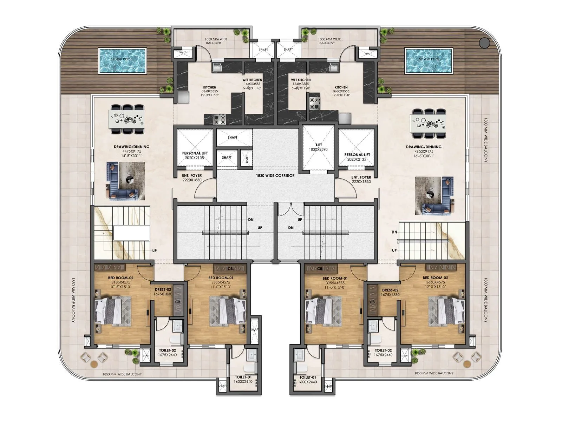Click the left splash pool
122,61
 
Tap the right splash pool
428,61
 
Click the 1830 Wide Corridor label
275,175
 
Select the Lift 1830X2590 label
319,147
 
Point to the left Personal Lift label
195,155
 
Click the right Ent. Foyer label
361,179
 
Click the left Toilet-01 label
243,379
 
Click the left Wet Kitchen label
252,84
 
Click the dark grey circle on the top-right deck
484,43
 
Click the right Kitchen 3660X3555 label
341,91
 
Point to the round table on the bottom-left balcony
94,364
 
